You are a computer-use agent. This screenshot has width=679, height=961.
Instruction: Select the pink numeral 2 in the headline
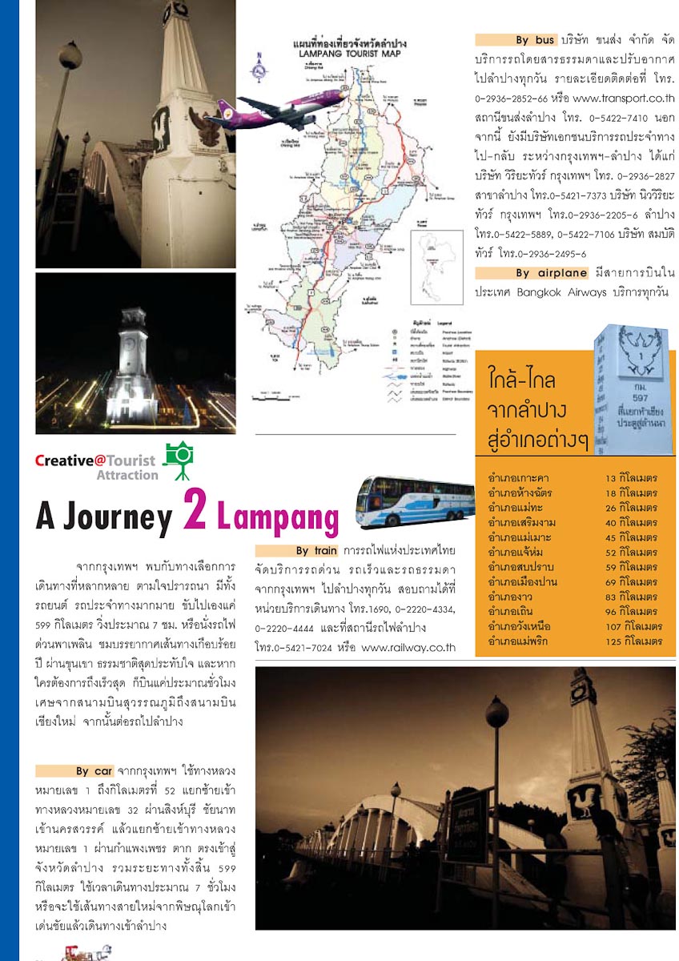[195, 509]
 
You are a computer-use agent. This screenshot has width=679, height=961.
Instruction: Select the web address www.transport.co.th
[624, 99]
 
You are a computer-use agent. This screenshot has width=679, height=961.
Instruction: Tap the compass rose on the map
[259, 68]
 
